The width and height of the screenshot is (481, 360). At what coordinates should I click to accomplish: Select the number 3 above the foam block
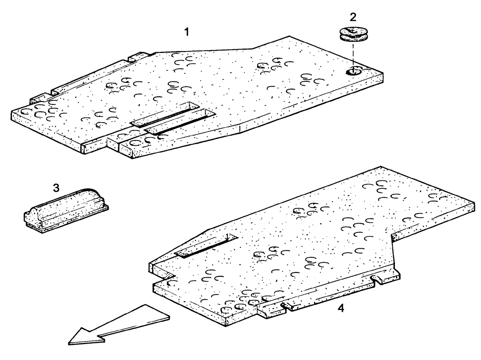56,188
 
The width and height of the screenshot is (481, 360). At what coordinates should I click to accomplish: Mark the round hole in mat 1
353,72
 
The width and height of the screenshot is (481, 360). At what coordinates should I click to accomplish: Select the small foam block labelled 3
66,208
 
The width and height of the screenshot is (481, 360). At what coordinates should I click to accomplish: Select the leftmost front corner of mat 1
12,114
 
